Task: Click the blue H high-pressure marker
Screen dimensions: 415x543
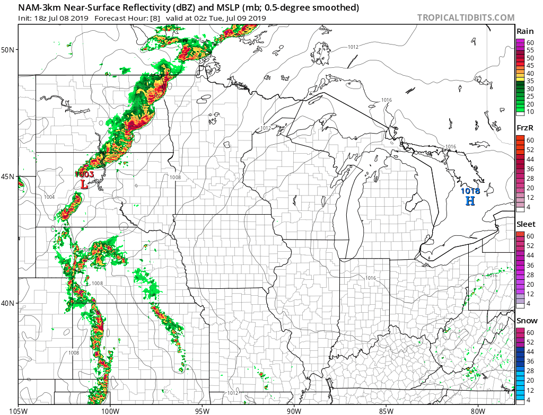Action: coord(470,201)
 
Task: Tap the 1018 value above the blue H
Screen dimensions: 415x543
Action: coord(470,191)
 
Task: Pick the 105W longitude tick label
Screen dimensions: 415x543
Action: coord(19,410)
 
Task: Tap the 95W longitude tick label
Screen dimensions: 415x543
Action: coord(202,410)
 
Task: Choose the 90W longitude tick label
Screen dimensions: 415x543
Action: coord(294,410)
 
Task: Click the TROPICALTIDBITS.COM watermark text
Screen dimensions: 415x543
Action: coord(466,17)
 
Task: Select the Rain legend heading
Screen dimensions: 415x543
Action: coord(524,32)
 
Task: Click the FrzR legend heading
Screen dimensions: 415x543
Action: coord(524,128)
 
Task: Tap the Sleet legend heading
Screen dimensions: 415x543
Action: coord(526,224)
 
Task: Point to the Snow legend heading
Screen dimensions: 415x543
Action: coord(527,321)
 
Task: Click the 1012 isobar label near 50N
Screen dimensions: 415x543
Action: coord(353,47)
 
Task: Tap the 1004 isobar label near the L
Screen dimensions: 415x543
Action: coord(49,197)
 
